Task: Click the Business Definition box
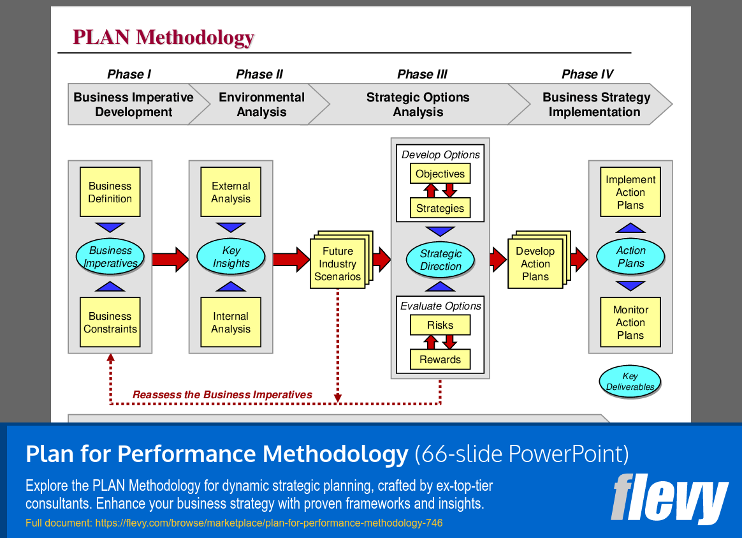(110, 192)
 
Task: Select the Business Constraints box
(110, 322)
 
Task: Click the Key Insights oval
(231, 257)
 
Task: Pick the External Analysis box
(231, 192)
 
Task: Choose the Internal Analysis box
(231, 322)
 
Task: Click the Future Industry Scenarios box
(337, 264)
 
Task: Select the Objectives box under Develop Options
(440, 174)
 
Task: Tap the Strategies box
(440, 208)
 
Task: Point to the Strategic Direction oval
(440, 260)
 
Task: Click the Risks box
(440, 325)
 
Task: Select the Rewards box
(440, 359)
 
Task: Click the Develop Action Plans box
(535, 264)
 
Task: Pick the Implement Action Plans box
(630, 192)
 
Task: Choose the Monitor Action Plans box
(630, 322)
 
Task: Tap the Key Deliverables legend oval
(630, 382)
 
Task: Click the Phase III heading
(422, 75)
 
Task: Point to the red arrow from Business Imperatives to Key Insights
(170, 258)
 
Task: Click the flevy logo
(669, 500)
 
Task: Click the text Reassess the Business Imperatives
(222, 394)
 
